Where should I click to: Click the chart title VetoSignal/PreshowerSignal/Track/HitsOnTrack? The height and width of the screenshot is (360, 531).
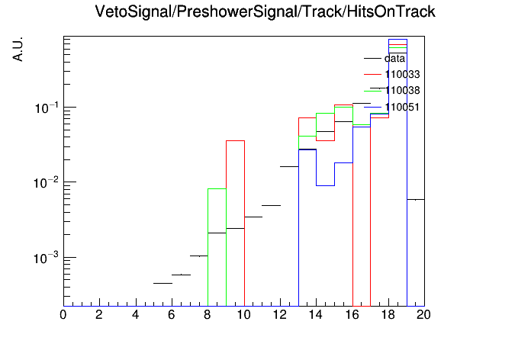pos(265,12)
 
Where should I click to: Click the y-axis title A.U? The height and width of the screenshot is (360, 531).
pos(18,50)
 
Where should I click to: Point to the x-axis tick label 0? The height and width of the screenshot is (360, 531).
pos(63,315)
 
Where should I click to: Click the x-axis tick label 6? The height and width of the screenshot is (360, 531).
pos(172,315)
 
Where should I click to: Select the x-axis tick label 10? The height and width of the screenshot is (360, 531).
pos(243,315)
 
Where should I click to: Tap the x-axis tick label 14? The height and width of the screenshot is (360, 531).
pos(316,315)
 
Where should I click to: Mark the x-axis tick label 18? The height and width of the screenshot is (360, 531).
pos(388,315)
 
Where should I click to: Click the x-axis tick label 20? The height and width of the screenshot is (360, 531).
pos(423,315)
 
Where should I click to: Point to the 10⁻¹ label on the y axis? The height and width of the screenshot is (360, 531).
pos(47,108)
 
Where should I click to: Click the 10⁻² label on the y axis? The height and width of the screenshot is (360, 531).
pos(47,182)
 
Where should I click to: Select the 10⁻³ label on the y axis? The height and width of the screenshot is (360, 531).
pos(47,258)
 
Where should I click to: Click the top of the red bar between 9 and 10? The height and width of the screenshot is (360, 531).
pos(235,140)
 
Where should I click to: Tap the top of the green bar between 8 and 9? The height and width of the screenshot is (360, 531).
pos(217,188)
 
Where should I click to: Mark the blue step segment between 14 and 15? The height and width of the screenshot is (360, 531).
pos(326,185)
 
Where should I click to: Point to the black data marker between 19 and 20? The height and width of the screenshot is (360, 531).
pos(416,200)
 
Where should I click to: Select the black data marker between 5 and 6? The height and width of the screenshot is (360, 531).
pos(163,283)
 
